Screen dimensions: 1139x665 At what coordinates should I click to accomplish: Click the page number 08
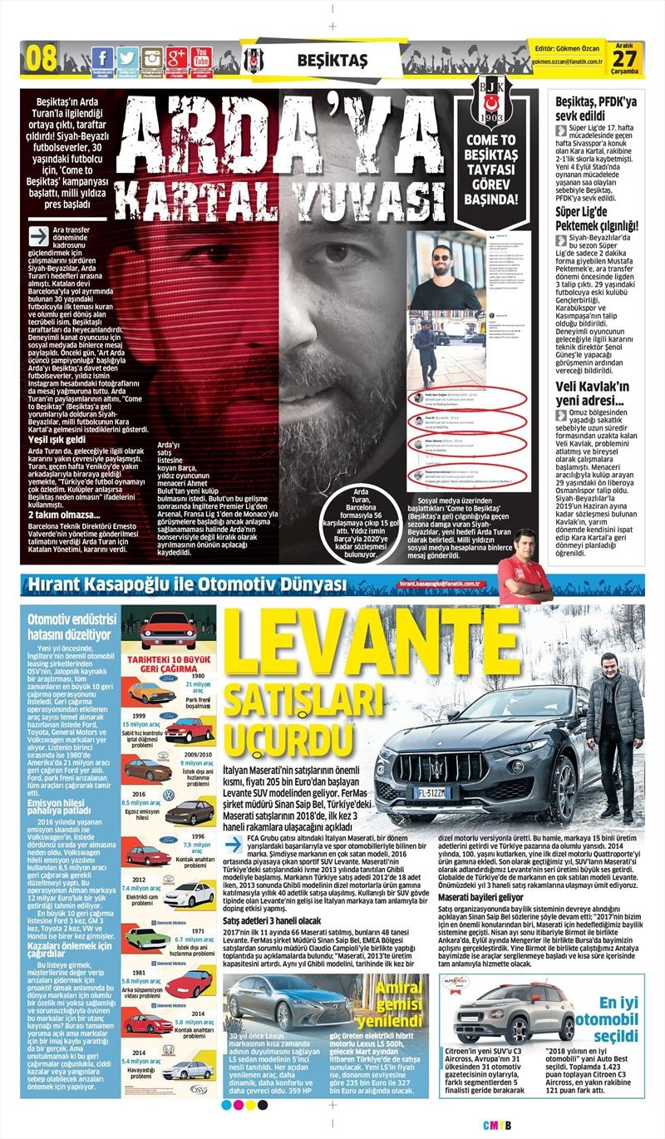coord(42,59)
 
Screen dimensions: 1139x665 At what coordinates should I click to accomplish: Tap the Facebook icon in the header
coord(101,58)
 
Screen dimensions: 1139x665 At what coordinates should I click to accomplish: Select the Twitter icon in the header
coord(126,58)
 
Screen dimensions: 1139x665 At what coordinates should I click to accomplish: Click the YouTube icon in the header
coord(200,58)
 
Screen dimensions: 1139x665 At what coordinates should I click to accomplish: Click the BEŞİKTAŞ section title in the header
coord(332,60)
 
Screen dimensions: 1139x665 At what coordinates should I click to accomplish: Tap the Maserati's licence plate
coord(431,791)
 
